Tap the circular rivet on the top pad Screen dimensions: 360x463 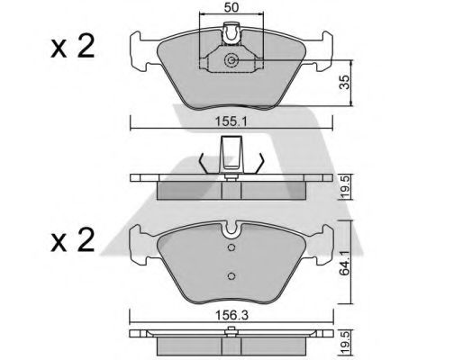tap(232, 61)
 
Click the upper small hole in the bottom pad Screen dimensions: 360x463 tap(231, 248)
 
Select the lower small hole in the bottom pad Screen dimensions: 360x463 tap(231, 275)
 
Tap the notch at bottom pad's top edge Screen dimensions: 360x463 tap(232, 226)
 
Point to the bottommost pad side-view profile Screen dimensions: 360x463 tap(232, 343)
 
